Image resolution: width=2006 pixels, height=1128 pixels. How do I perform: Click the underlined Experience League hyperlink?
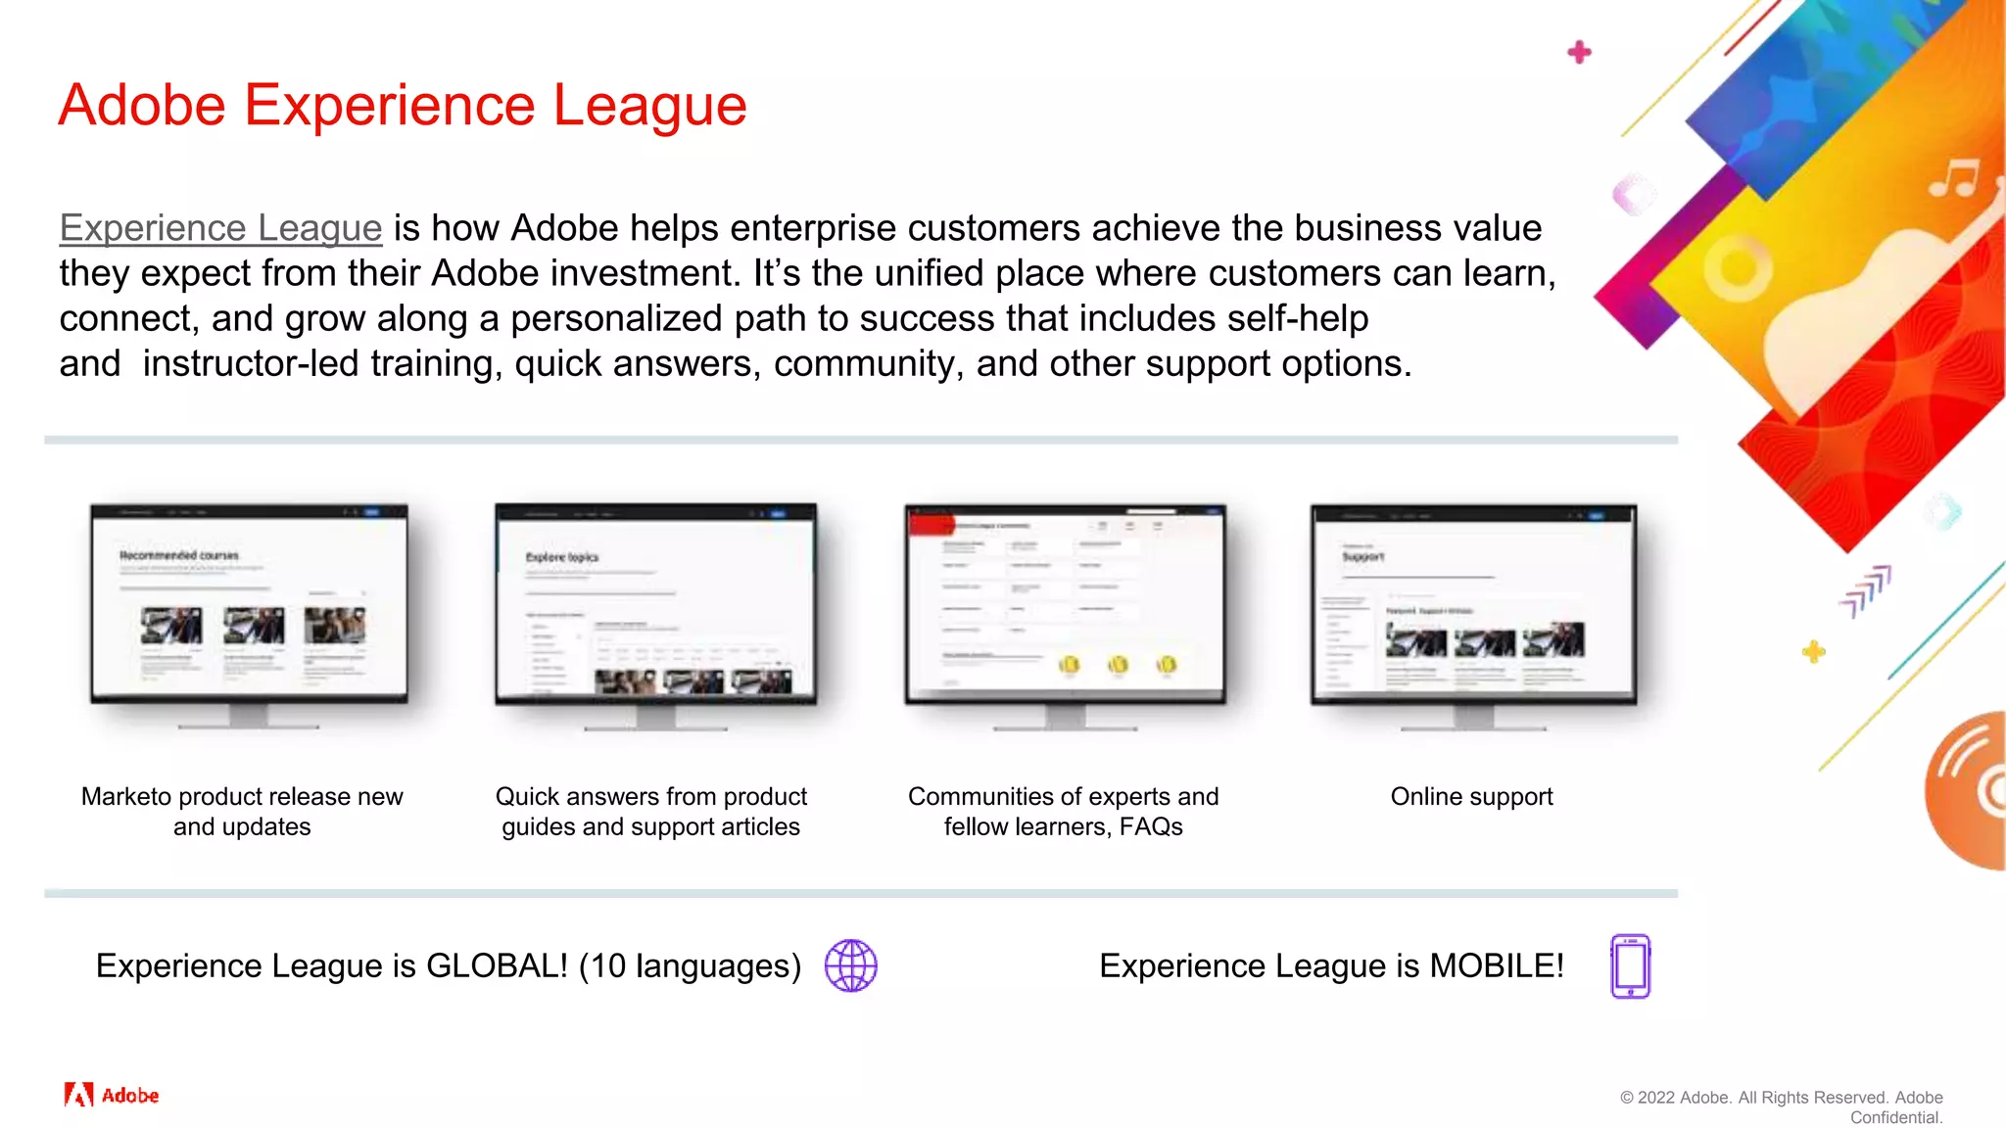point(220,228)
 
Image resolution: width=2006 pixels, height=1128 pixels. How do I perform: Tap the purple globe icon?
point(850,965)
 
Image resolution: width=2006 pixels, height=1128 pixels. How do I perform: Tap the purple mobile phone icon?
point(1630,965)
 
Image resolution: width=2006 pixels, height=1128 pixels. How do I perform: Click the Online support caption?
point(1471,797)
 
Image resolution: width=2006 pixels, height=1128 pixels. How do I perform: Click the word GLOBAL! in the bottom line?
point(497,966)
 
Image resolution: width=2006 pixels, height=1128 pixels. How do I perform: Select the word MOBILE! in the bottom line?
point(1496,966)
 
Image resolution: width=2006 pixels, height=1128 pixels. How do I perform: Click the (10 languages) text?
point(690,966)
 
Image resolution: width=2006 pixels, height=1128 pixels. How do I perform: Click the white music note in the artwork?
point(1954,178)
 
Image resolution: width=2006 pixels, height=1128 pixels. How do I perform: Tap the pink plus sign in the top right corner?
point(1579,52)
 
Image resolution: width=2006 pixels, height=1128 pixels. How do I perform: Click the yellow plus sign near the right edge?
point(1813,651)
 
